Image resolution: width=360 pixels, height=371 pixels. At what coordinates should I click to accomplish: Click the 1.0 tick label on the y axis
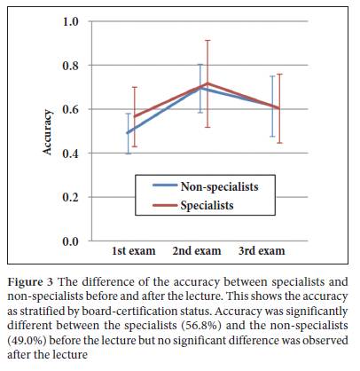point(70,21)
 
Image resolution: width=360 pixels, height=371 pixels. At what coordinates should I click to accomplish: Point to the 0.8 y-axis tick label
point(70,66)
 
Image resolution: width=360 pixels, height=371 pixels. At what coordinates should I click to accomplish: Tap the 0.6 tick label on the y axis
point(70,109)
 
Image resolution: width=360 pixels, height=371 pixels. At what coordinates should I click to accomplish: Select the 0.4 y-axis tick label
point(70,154)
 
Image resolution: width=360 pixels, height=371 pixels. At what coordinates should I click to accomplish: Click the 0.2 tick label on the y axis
point(70,197)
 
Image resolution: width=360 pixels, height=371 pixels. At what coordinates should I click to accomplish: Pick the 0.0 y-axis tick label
point(70,241)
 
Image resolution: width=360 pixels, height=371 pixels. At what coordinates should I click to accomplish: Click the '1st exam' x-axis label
point(134,251)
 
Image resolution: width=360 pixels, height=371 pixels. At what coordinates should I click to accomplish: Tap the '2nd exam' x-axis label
point(197,251)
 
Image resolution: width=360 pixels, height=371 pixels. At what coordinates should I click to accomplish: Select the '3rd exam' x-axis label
point(262,251)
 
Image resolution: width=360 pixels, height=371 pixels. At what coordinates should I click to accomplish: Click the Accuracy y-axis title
point(47,132)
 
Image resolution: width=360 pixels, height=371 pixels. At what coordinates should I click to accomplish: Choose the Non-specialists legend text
point(219,187)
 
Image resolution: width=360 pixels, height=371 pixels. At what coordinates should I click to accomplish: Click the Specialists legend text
point(207,205)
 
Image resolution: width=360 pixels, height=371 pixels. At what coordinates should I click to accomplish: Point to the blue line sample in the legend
point(165,185)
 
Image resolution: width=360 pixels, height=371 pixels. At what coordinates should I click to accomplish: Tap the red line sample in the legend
point(165,204)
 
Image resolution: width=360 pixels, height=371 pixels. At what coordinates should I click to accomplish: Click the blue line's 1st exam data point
point(128,133)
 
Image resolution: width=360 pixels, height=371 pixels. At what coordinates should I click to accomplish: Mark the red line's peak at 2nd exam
point(207,83)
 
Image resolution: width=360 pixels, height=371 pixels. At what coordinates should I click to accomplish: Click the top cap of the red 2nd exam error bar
point(207,40)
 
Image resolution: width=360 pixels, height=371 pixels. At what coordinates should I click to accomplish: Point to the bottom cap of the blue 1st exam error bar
point(129,154)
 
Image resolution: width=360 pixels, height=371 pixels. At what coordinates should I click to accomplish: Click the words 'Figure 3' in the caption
point(30,282)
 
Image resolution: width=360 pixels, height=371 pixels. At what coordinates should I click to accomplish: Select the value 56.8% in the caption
point(200,326)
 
